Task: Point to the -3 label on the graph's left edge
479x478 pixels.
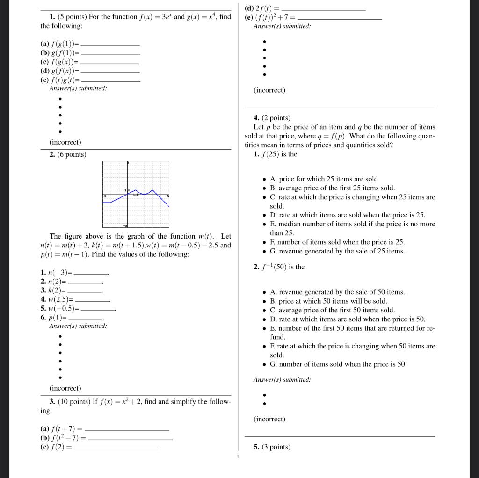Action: tap(105, 196)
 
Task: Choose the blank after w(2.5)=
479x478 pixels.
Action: tap(92, 299)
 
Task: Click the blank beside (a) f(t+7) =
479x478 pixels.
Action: tap(127, 429)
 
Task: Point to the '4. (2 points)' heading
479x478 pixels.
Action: tap(272, 118)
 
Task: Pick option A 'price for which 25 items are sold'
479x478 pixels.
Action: tap(324, 179)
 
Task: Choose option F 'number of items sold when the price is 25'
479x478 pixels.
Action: tap(337, 242)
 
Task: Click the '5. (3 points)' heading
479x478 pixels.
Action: tap(272, 447)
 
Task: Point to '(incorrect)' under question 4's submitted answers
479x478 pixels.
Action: tap(269, 419)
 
